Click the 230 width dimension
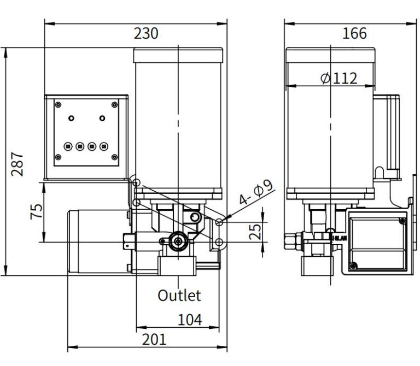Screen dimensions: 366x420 pos(146,33)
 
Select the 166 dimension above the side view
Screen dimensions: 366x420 pos(354,33)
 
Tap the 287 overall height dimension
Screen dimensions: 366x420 pos(19,163)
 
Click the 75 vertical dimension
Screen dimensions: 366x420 pos(37,211)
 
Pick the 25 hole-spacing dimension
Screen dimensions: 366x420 pos(255,231)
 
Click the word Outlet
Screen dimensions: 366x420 pos(179,296)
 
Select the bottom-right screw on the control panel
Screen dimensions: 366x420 pos(114,157)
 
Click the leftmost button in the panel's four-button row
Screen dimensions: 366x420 pos(68,146)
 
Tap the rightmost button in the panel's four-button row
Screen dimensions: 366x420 pos(104,146)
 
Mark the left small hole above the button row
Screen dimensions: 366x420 pos(71,117)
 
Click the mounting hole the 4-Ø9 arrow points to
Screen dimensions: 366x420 pos(219,222)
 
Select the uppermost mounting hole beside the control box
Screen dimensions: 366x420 pos(136,182)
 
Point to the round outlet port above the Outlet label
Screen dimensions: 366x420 pos(177,241)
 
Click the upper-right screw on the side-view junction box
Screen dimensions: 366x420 pos(402,221)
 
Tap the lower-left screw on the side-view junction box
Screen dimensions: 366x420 pos(354,266)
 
